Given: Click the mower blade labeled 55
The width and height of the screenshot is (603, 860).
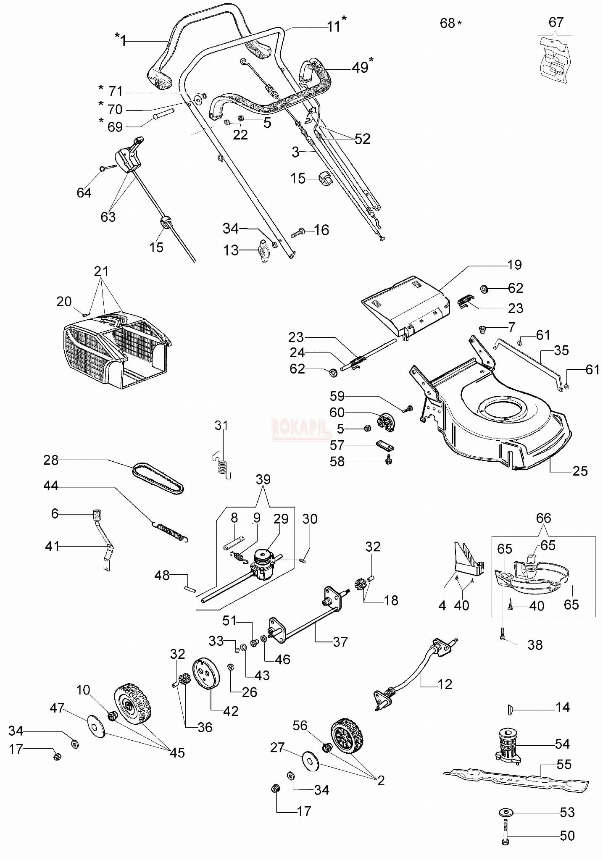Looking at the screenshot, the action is pyautogui.click(x=516, y=779).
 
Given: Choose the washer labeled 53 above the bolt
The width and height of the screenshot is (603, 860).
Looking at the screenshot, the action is pyautogui.click(x=505, y=812).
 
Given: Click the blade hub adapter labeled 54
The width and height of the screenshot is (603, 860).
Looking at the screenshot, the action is pyautogui.click(x=509, y=744).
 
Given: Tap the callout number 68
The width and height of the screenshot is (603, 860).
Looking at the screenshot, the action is pyautogui.click(x=448, y=23).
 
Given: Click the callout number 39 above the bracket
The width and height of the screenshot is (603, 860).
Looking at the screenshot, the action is pyautogui.click(x=263, y=479).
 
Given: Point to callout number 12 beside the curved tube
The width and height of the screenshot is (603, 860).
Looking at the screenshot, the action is pyautogui.click(x=445, y=684).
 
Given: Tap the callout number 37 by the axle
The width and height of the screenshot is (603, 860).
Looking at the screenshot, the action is pyautogui.click(x=340, y=642).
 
